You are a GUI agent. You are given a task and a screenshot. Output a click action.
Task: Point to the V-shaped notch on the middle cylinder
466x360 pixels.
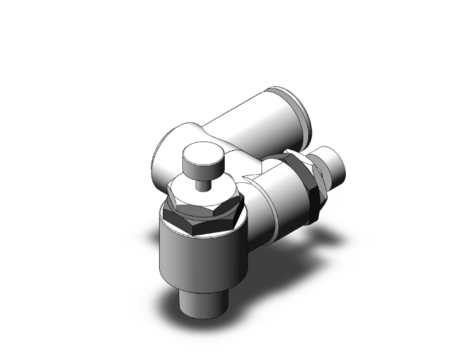tap(251, 182)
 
